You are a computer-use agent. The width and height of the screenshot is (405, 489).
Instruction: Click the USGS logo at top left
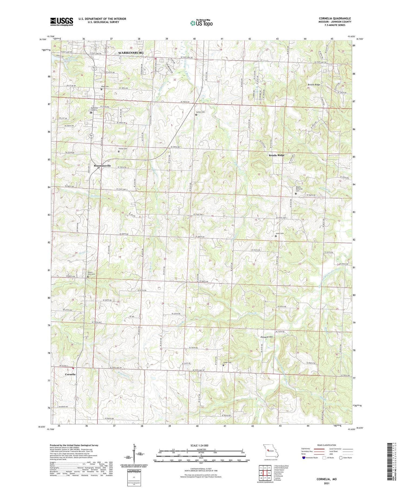tap(62, 21)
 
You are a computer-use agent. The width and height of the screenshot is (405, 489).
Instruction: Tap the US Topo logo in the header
tap(201, 23)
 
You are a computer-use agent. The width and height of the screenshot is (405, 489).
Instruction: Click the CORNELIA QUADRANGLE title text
tap(335, 19)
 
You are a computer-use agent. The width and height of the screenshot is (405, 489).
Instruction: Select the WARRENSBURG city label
tap(131, 53)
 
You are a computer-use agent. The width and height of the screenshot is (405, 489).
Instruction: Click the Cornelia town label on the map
tap(70, 374)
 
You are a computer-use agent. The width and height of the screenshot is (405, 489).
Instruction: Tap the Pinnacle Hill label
tap(267, 337)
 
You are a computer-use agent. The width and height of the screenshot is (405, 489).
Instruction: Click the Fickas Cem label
tap(123, 149)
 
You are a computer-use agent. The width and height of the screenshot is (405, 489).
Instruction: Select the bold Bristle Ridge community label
tap(276, 155)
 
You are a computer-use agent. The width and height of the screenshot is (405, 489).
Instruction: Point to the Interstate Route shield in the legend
tap(304, 458)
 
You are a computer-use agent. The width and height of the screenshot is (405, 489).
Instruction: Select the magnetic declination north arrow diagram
tap(133, 453)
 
